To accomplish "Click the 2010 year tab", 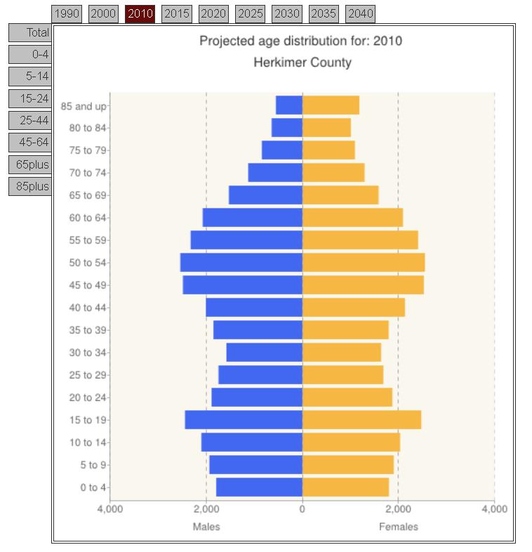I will (140, 13).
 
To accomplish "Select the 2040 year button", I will (360, 13).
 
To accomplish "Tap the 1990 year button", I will (67, 13).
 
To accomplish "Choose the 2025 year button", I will (250, 13).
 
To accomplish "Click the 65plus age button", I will (31, 164).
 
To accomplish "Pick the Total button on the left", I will (31, 32).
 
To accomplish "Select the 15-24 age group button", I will (31, 98).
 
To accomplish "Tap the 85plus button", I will (31, 186).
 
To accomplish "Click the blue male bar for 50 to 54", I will (241, 263).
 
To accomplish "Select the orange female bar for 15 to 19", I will (361, 420).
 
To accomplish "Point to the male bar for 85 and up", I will (288, 105).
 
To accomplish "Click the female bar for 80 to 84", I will (326, 128).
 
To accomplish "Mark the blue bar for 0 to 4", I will (259, 487).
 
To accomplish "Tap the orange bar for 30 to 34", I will (341, 353).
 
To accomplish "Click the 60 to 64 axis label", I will (88, 218).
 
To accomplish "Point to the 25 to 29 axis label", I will (88, 375).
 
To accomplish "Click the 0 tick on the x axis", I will (302, 509).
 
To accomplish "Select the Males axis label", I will (206, 527).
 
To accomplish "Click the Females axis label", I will (398, 527).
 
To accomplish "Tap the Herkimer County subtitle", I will (302, 63).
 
